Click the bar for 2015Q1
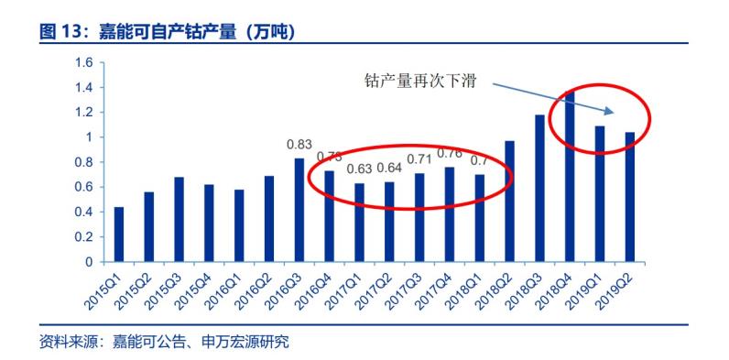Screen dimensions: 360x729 point(119,235)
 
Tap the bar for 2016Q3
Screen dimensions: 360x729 point(299,211)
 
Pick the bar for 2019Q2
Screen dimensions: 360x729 point(630,197)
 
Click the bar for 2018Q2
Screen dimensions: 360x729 point(509,202)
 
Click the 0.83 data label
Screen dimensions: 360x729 point(299,145)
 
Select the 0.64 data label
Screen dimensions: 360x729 point(389,169)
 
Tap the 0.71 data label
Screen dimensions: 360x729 point(419,160)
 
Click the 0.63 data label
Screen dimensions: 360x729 point(360,169)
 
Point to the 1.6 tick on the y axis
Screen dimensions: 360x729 point(84,62)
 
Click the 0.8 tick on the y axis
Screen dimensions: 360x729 point(84,162)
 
